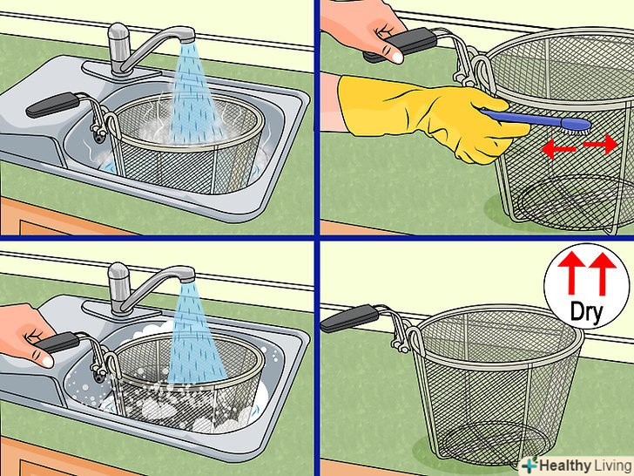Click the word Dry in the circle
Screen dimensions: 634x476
[586, 312]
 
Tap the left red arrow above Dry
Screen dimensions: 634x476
[571, 273]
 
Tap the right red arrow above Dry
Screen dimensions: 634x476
[603, 274]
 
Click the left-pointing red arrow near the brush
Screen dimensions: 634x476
[558, 148]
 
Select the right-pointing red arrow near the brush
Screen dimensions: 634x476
[600, 144]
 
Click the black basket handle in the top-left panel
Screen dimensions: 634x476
[51, 105]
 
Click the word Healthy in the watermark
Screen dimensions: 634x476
[565, 466]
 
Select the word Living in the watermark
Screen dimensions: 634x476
[613, 466]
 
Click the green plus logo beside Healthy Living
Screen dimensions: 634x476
[529, 466]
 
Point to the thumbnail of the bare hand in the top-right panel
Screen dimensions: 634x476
[396, 57]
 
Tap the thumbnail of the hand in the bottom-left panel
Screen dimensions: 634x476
[46, 361]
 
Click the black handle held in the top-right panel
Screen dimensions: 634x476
[401, 45]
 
